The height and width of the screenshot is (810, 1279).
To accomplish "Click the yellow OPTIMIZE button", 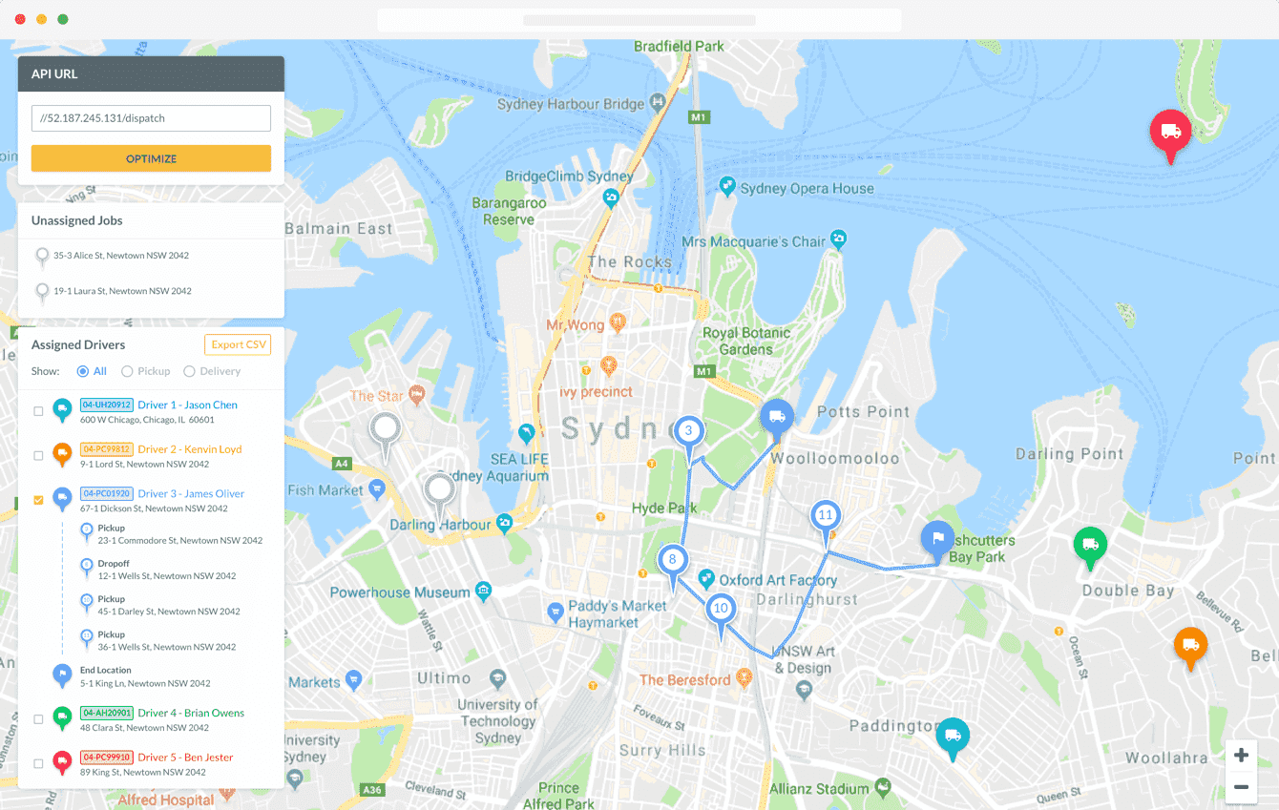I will coord(151,158).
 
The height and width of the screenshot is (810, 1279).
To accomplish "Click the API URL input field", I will coord(151,118).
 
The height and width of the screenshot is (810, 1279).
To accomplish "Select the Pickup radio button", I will coord(128,371).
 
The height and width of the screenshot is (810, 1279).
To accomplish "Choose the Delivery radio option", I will coord(189,371).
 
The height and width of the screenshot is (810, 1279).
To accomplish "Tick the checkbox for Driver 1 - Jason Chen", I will coord(38,411).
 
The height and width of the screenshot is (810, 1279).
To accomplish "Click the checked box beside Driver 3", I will coord(38,500).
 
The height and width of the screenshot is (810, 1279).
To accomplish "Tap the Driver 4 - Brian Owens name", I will coord(190,713).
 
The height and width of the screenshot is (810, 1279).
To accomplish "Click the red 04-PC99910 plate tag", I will coord(107,757).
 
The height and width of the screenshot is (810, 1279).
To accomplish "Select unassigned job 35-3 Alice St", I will coord(120,256).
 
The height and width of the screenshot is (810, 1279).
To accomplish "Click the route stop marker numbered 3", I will coord(689,431).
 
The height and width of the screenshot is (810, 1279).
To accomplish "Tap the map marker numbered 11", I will coord(826,516).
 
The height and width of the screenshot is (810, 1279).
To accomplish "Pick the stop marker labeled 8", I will coord(672,560).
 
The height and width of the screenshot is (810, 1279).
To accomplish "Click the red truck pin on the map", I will coord(1171,133).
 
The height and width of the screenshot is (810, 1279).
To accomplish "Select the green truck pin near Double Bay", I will coord(1090,545).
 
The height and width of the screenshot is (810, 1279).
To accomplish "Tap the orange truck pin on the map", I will coord(1190,645).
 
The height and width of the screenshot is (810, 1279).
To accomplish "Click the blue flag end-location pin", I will coord(937,538).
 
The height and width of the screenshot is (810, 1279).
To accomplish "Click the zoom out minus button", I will coord(1241,787).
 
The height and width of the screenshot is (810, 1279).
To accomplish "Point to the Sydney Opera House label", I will coord(807,189).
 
